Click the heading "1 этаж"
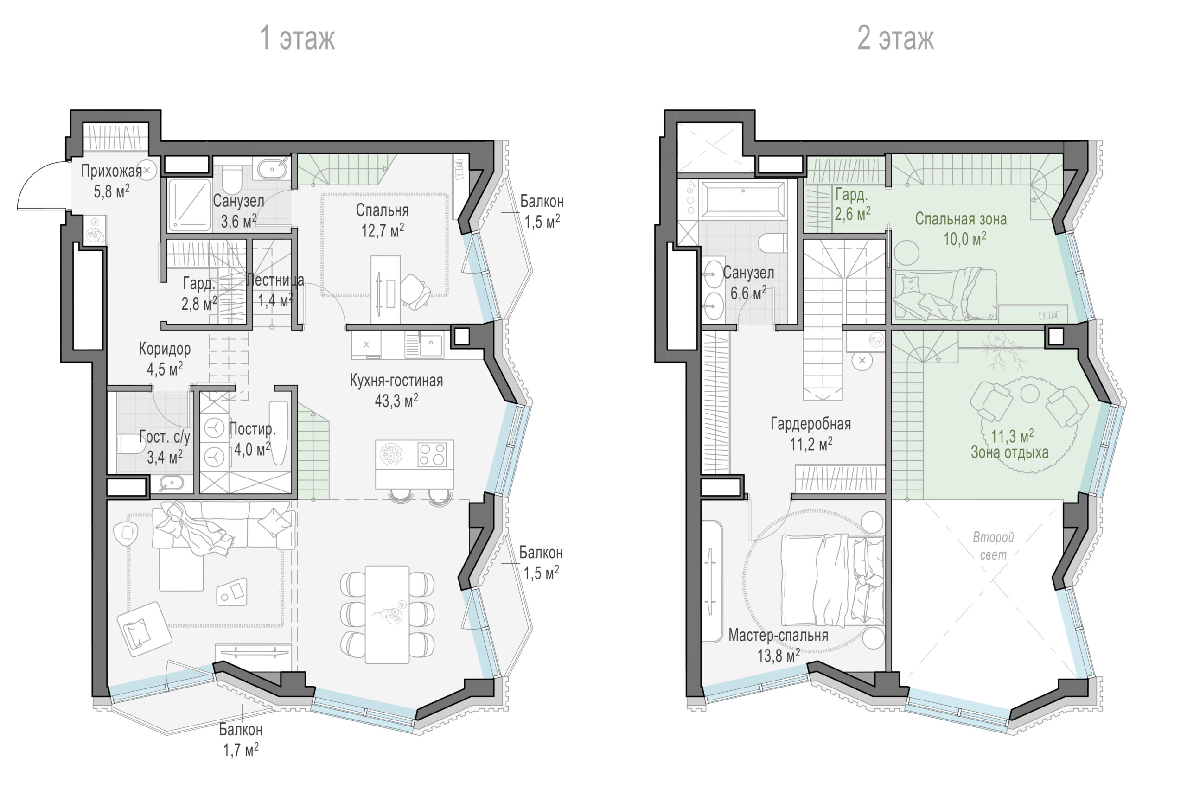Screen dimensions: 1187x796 [x=297, y=38]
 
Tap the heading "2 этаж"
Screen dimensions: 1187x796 [x=895, y=38]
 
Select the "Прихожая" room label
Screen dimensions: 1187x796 [x=112, y=171]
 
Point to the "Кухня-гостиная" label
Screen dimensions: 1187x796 [x=396, y=380]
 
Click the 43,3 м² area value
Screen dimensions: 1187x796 [x=396, y=401]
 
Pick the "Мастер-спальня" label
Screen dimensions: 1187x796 [x=779, y=635]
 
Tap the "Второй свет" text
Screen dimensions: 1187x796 [x=993, y=546]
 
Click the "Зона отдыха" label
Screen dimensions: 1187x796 [x=1009, y=452]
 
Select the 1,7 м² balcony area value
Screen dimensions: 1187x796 [x=241, y=750]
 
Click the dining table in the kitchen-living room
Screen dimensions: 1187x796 [x=387, y=614]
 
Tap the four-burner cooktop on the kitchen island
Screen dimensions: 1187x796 [x=432, y=454]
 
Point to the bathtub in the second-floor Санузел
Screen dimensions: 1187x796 [x=742, y=199]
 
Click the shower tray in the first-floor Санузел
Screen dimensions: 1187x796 [x=189, y=204]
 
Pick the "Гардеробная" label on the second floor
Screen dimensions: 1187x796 [x=811, y=424]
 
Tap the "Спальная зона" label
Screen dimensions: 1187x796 [x=961, y=219]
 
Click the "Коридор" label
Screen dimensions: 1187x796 [x=165, y=349]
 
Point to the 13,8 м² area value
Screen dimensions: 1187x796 [x=779, y=656]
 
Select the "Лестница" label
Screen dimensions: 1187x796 [x=275, y=280]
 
